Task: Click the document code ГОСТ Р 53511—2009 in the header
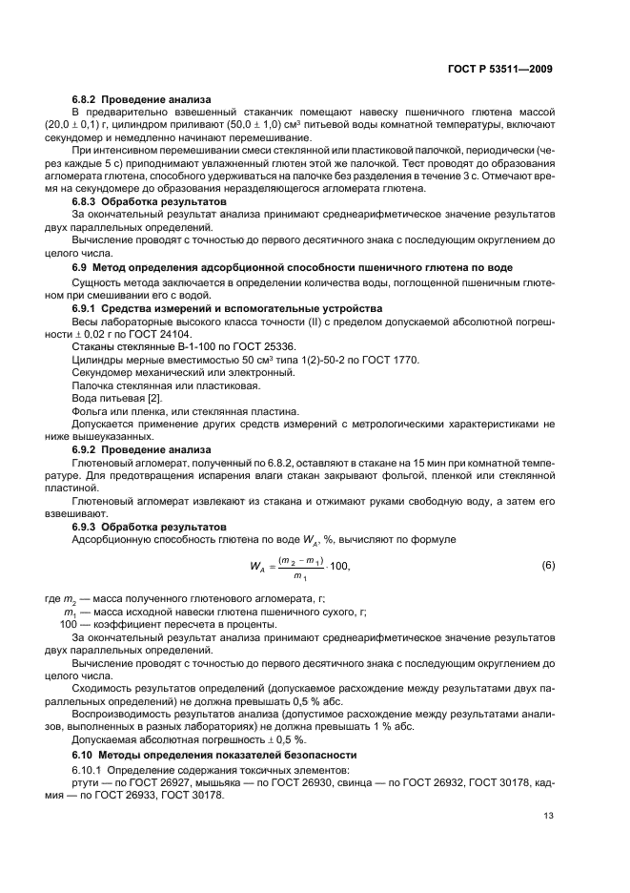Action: [x=500, y=69]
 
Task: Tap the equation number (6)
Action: [x=548, y=565]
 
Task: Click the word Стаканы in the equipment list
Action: [x=93, y=348]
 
